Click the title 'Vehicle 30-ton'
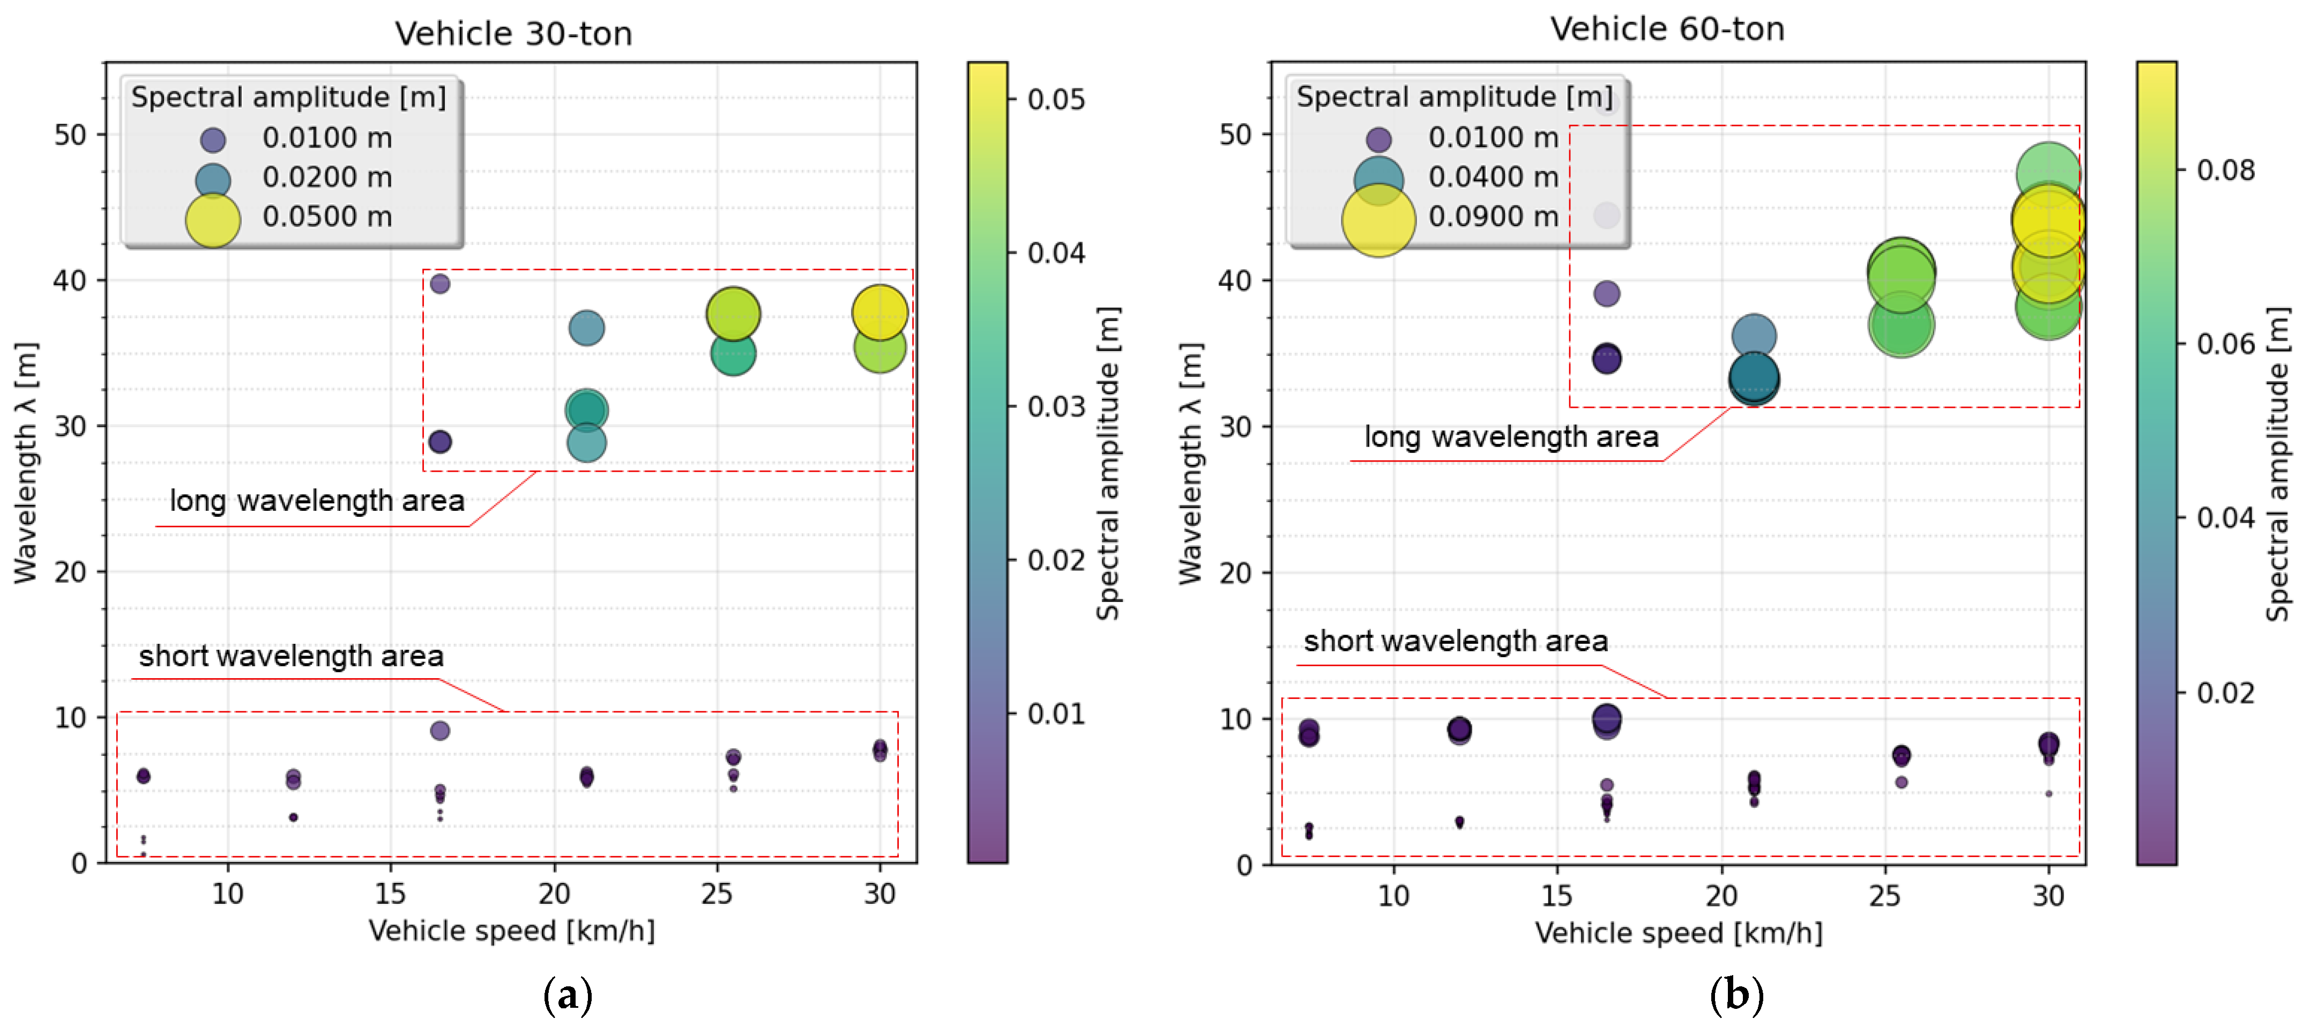click(513, 34)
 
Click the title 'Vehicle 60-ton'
click(1667, 29)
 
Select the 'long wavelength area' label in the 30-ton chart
click(317, 500)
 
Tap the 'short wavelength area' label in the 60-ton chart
click(1455, 641)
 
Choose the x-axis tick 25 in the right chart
click(1884, 895)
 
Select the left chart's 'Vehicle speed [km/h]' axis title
click(512, 931)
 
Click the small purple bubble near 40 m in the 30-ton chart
click(440, 284)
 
